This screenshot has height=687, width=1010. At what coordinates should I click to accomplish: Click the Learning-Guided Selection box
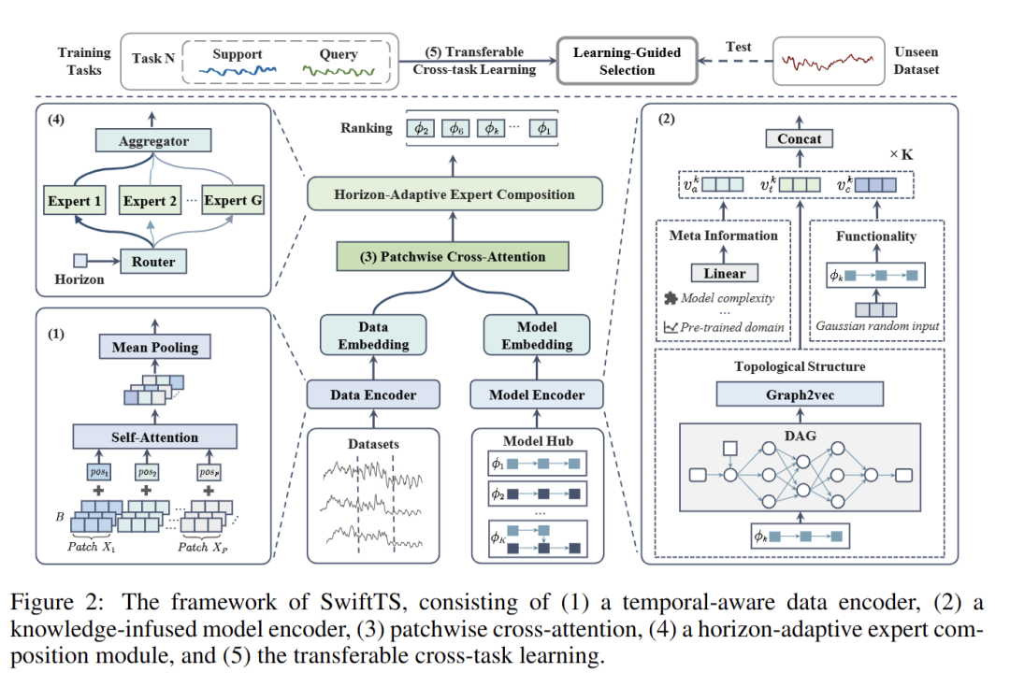point(627,61)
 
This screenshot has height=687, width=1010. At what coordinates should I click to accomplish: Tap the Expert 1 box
point(77,201)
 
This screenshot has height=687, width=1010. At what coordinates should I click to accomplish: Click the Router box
point(153,262)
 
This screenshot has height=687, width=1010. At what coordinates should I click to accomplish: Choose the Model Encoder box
point(537,395)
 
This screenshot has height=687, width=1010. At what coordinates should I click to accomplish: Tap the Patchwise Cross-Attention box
point(454,257)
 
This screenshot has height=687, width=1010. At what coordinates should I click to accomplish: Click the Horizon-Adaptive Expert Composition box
point(454,195)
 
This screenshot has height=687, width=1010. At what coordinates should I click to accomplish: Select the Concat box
point(800,139)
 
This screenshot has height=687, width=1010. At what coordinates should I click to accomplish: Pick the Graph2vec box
point(800,394)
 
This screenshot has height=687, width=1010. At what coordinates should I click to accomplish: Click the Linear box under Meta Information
point(724,274)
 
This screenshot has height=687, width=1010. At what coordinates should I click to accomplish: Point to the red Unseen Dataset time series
point(829,62)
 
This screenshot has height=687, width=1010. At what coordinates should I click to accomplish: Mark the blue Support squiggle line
point(237,70)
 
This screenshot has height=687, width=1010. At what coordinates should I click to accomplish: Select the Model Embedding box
point(537,336)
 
